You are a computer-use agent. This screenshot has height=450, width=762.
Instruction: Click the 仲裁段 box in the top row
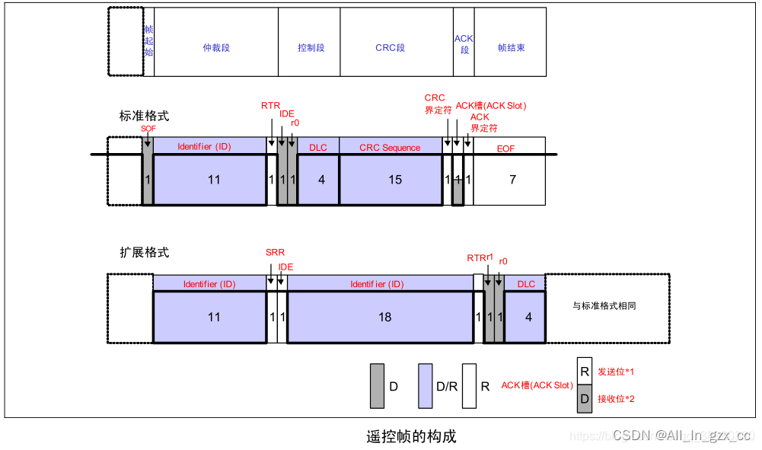(216, 47)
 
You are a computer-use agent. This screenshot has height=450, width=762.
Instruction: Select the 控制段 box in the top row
(311, 47)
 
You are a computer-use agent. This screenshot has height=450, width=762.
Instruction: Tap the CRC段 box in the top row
(390, 47)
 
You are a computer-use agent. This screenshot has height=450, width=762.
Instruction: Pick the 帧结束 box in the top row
(511, 47)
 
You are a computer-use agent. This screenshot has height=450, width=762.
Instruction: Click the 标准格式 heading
(144, 116)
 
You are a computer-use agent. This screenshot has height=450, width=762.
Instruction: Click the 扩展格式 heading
(144, 252)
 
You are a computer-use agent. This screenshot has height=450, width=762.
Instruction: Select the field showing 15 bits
(390, 180)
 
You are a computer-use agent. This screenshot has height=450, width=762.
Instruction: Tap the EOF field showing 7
(512, 180)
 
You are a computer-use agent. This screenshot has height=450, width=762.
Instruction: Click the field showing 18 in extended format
(384, 317)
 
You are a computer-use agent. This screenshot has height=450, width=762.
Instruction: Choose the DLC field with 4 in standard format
(321, 180)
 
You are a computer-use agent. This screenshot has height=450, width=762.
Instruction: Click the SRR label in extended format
(275, 253)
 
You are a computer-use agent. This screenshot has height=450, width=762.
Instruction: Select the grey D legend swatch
(377, 385)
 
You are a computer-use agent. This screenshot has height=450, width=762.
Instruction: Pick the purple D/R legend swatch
(426, 385)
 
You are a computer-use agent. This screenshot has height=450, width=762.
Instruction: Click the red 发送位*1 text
(616, 372)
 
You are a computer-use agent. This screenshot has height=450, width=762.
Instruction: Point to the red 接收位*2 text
(616, 399)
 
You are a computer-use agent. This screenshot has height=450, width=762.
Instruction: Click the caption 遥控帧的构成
(411, 436)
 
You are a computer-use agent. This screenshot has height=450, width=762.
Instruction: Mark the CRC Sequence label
(390, 147)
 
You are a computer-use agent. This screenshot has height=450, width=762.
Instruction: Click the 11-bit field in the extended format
(214, 317)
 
